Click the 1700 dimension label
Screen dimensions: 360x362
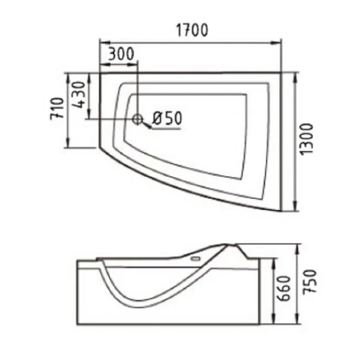pos(192,30)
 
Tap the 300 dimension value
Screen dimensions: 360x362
pos(121,54)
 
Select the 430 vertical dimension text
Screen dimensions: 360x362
pos(80,95)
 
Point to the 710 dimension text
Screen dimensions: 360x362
pos(57,109)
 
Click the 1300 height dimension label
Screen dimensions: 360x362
pos(306,139)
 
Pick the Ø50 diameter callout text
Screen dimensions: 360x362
pos(167,118)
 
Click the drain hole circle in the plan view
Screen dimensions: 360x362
pos(137,119)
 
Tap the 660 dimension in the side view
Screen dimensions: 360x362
pos(284,289)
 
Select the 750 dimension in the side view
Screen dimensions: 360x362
pos(310,282)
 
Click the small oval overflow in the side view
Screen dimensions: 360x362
pos(195,259)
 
